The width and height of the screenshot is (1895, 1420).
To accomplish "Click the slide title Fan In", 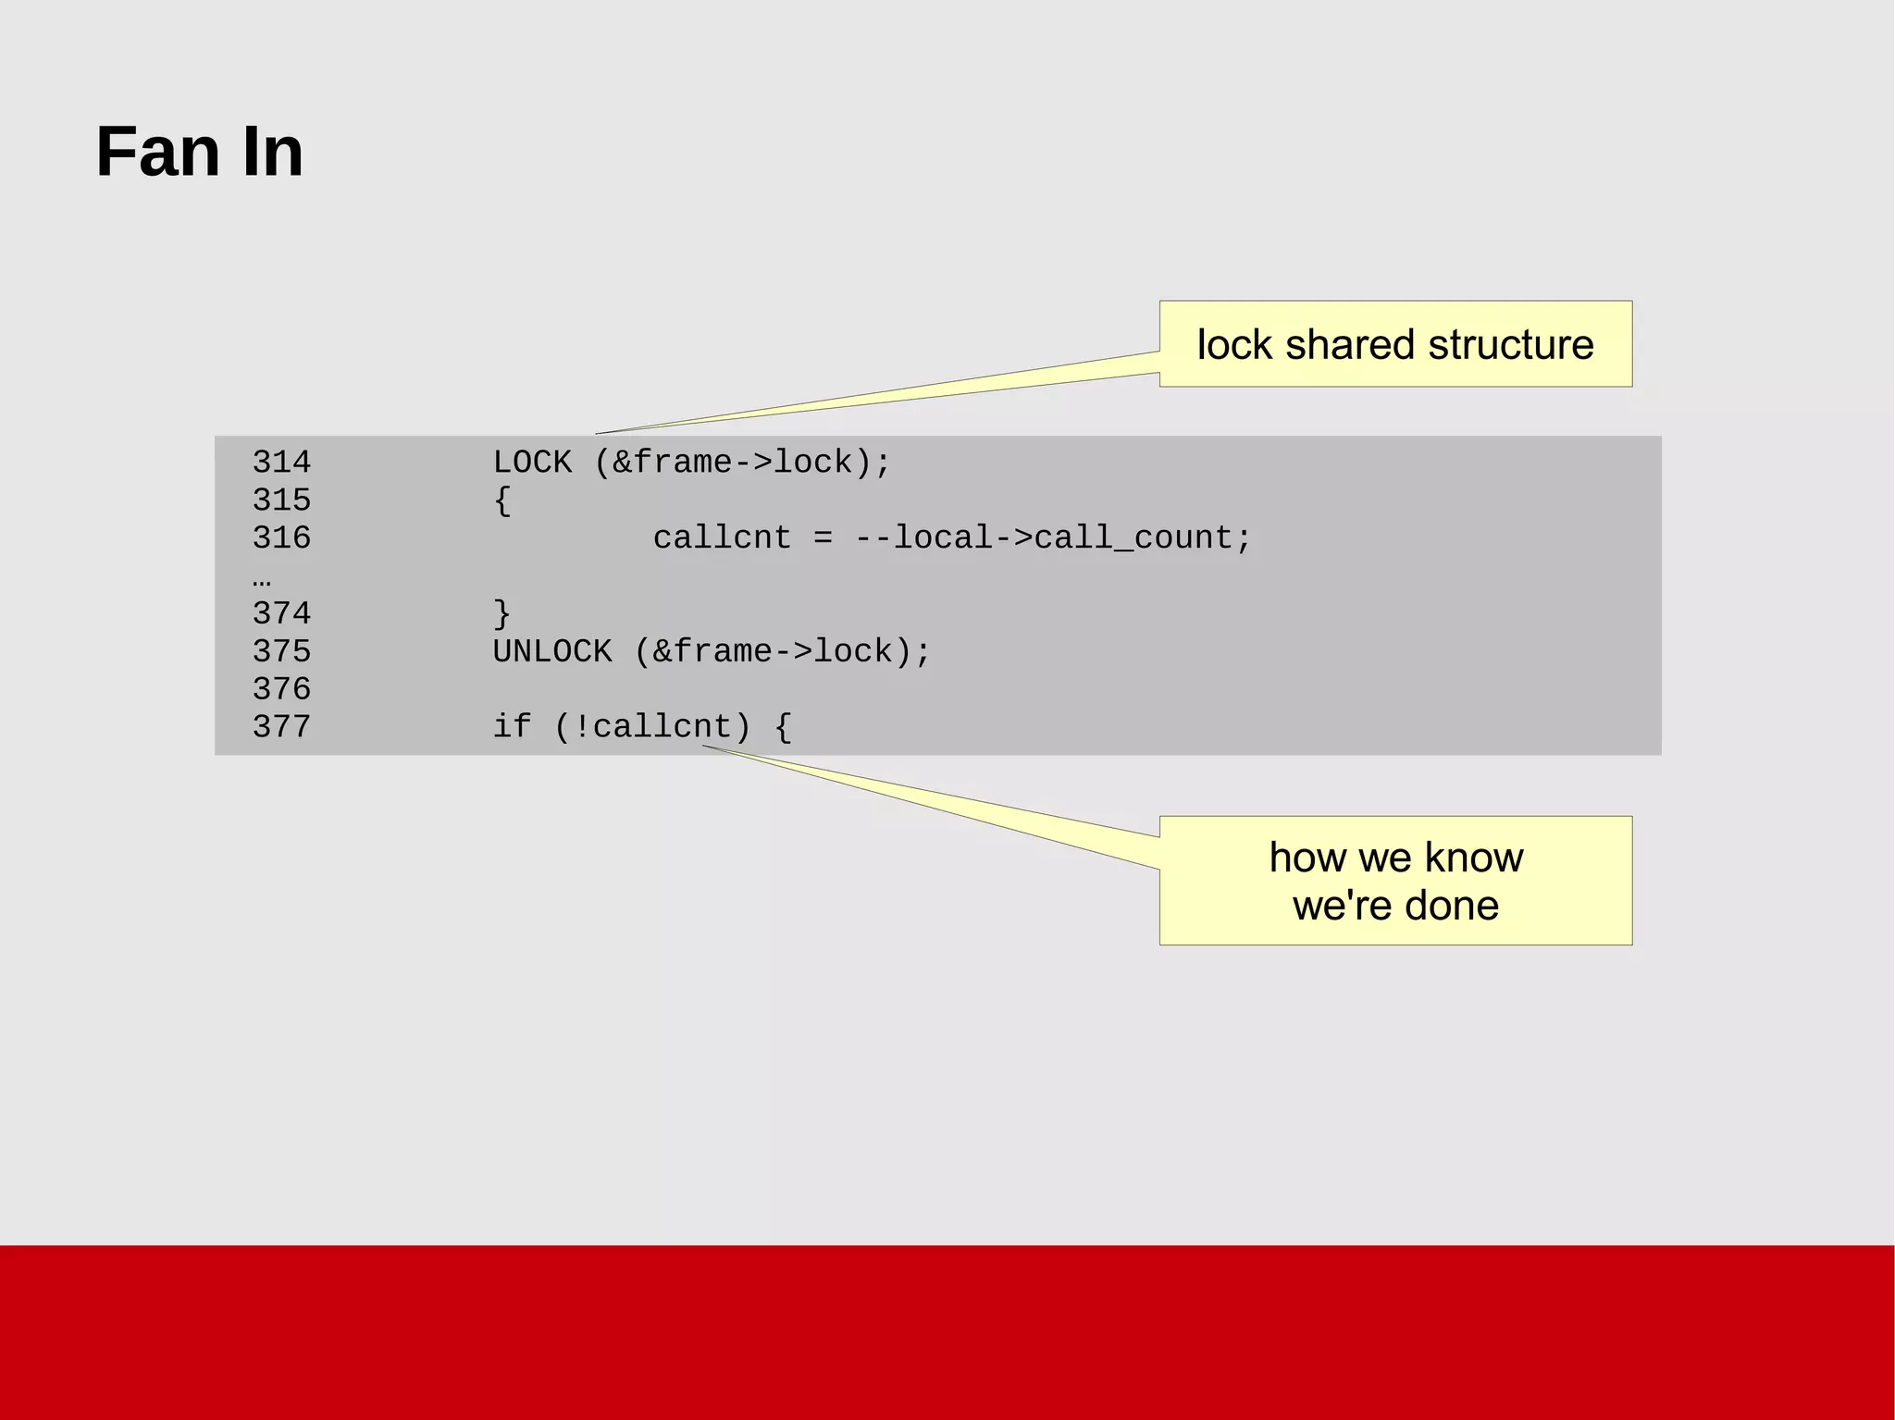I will pos(199,152).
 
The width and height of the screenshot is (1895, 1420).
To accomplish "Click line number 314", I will pos(281,462).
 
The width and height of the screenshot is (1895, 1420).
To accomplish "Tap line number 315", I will pos(281,500).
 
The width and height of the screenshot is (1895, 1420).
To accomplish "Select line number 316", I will pos(281,537).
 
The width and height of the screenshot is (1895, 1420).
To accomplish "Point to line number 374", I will pos(281,613).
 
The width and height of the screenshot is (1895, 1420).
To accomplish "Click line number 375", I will pos(281,651).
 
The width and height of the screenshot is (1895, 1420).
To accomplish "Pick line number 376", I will pos(281,689).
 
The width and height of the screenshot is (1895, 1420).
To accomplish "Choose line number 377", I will pos(281,727).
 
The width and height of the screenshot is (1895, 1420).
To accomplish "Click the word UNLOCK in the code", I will pos(552,651).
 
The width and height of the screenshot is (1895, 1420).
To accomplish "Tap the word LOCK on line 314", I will pos(532,462).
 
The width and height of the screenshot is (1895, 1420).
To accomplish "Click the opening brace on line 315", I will pos(502,500).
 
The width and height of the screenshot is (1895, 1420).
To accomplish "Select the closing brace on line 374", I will pos(502,613).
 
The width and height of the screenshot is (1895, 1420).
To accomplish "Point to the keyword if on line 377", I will pos(512,727).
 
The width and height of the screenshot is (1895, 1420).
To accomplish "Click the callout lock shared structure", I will pos(1394,344).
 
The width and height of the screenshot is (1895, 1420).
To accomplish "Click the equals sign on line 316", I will pos(823,538).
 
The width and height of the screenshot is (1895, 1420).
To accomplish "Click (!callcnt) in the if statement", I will pos(652,727).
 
